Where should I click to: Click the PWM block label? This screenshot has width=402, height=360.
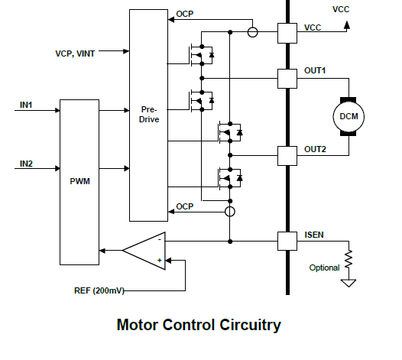(x=79, y=181)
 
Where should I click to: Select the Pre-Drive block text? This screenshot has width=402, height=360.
(x=149, y=115)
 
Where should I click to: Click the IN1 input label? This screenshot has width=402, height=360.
(x=26, y=105)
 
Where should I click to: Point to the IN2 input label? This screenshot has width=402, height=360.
(x=26, y=164)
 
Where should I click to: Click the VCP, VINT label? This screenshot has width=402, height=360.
(x=75, y=54)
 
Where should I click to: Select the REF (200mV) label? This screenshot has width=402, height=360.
(x=99, y=290)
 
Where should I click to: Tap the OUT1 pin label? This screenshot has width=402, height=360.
(x=315, y=70)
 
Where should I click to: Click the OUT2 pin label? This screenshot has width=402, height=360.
(x=315, y=149)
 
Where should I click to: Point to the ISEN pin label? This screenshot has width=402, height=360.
(x=314, y=235)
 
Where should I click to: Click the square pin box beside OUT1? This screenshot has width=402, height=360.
(x=287, y=79)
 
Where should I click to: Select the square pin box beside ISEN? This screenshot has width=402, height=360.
(x=287, y=241)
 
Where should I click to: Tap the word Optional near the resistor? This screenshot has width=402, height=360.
(x=324, y=268)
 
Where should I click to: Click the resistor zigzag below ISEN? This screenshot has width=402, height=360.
(x=349, y=259)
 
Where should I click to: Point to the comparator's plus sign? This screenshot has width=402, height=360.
(x=160, y=261)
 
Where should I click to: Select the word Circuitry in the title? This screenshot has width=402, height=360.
(x=250, y=325)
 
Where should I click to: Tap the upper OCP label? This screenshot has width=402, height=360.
(x=185, y=14)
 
